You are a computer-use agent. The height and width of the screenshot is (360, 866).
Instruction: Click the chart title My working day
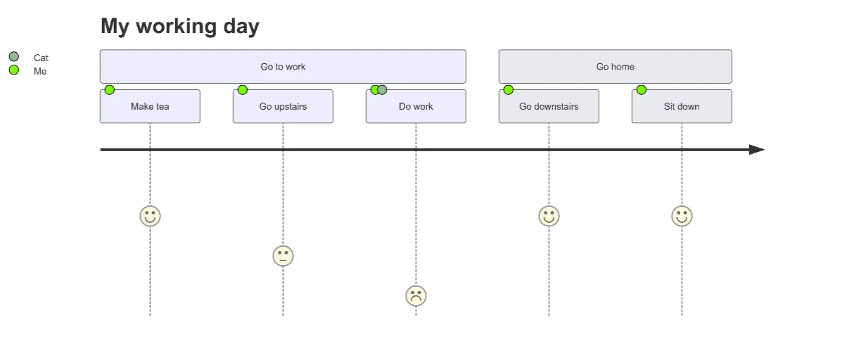pyautogui.click(x=180, y=27)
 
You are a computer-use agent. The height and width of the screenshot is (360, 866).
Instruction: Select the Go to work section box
pyautogui.click(x=283, y=67)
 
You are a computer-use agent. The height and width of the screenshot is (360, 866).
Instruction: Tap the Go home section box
pyautogui.click(x=615, y=67)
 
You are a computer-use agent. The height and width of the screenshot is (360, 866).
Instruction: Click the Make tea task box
pyautogui.click(x=150, y=107)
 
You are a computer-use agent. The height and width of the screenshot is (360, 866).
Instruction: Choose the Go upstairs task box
pyautogui.click(x=283, y=107)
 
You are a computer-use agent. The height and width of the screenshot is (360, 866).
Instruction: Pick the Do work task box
pyautogui.click(x=416, y=107)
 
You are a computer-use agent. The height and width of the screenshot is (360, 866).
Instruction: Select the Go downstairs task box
pyautogui.click(x=549, y=107)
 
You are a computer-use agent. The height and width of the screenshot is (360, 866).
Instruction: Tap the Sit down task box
pyautogui.click(x=682, y=107)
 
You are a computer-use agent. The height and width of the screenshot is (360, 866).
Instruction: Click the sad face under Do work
pyautogui.click(x=416, y=296)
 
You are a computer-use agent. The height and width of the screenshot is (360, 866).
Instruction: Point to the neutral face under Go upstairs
pyautogui.click(x=283, y=256)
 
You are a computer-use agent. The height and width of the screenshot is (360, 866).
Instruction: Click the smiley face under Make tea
pyautogui.click(x=150, y=216)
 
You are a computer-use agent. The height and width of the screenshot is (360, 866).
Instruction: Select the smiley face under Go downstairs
pyautogui.click(x=549, y=216)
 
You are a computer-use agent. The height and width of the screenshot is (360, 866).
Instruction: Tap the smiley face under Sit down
pyautogui.click(x=682, y=216)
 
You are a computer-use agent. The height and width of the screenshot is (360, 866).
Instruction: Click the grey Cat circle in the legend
pyautogui.click(x=13, y=57)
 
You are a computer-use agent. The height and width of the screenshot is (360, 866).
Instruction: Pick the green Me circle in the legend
pyautogui.click(x=13, y=70)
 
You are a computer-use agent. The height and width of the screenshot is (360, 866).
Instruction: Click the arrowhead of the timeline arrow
pyautogui.click(x=756, y=150)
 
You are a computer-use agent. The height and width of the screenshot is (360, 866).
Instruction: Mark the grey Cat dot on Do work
pyautogui.click(x=383, y=90)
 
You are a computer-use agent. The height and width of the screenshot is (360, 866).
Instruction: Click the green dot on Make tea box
pyautogui.click(x=110, y=90)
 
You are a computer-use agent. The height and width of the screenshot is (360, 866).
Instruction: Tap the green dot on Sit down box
pyautogui.click(x=642, y=90)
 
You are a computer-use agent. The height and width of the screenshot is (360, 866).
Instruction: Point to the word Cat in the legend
pyautogui.click(x=41, y=58)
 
